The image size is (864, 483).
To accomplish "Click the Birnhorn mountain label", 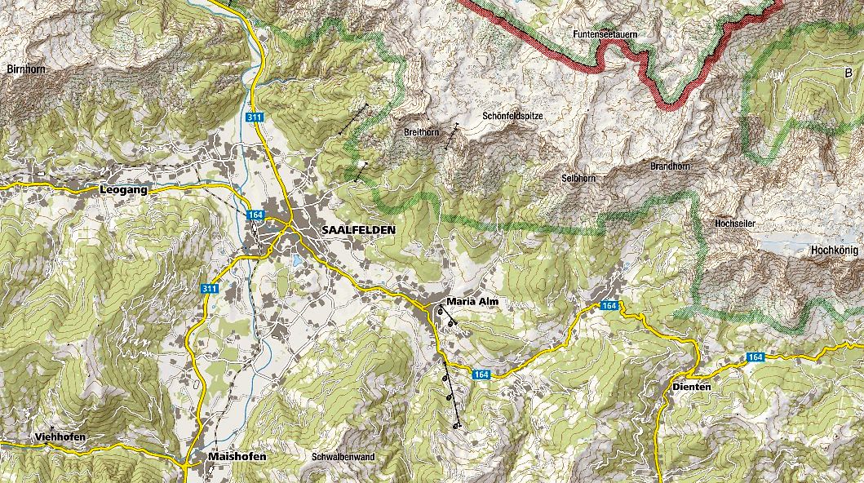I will (25, 69).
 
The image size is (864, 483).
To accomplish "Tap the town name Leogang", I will (123, 189).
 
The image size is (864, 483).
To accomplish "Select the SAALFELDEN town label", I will (358, 230).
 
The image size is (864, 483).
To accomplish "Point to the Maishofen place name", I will (237, 457).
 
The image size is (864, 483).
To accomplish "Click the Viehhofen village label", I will (60, 437).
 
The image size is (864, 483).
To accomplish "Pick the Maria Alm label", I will (472, 302).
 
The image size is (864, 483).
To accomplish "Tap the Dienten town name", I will (692, 386).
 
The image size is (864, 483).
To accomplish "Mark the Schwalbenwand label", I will (343, 457).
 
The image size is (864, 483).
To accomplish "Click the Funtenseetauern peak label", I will (605, 35).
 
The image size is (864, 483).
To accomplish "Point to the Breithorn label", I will (422, 132).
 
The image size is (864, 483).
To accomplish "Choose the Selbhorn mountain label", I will (578, 178).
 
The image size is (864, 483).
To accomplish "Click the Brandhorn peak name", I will (670, 166).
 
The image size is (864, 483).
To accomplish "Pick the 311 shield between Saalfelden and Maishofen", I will (210, 289).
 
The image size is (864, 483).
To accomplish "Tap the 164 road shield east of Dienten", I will (755, 357).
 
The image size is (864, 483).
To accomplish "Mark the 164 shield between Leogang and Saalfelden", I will (257, 215).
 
